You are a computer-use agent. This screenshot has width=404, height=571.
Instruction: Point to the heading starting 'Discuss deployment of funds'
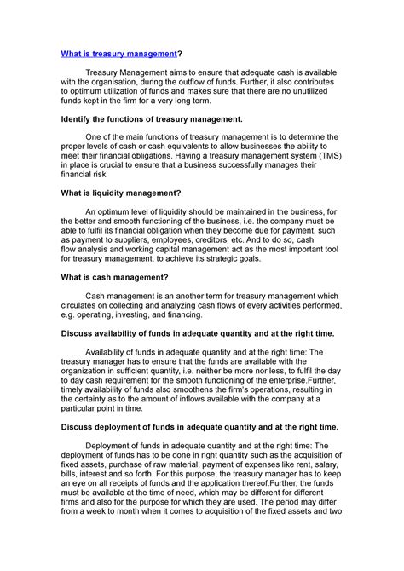[199, 426]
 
